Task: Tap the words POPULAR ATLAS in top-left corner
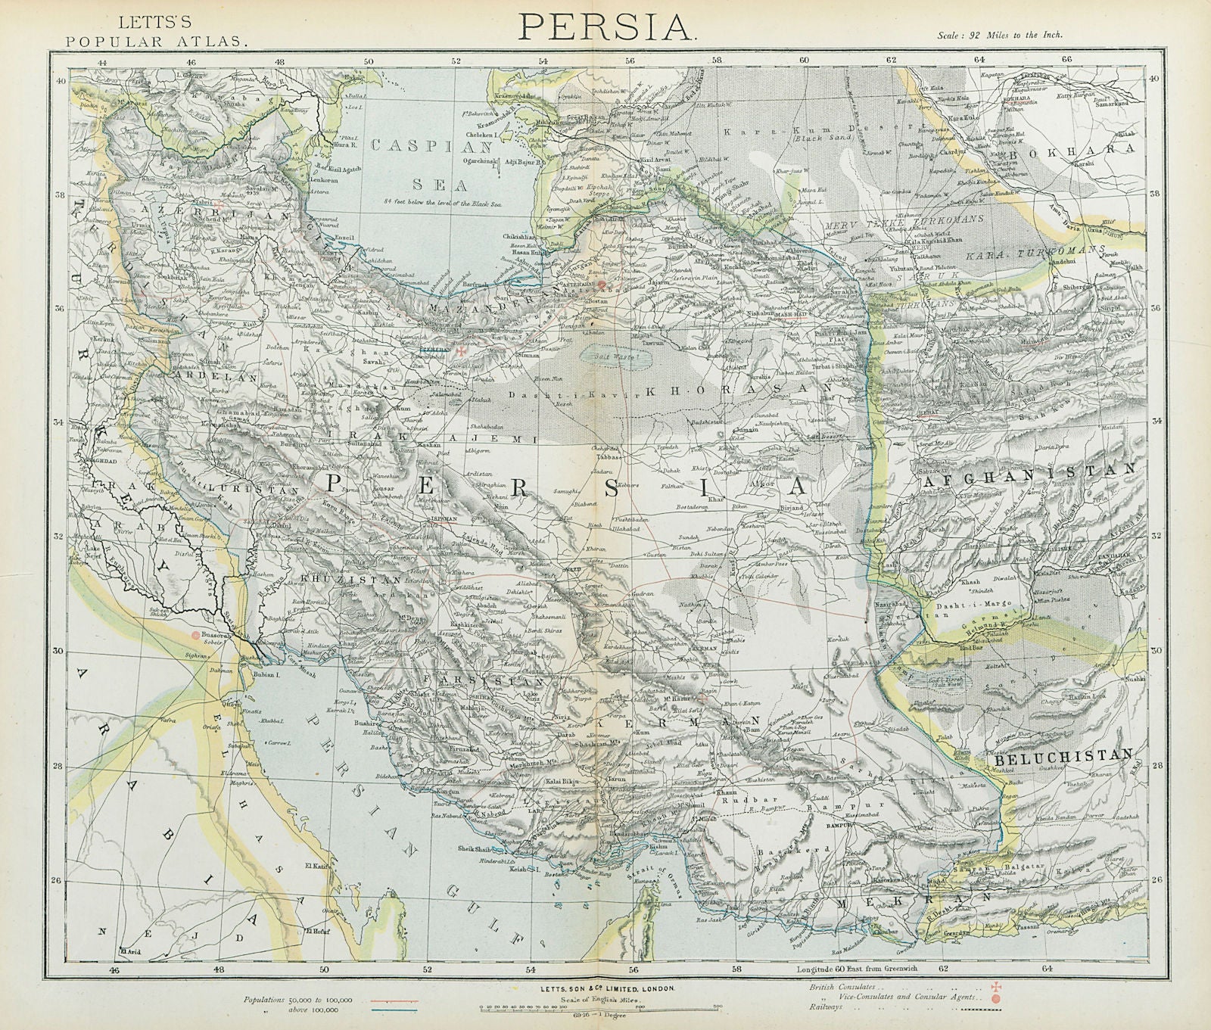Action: click(x=157, y=42)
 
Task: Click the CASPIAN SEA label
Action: click(x=435, y=163)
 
